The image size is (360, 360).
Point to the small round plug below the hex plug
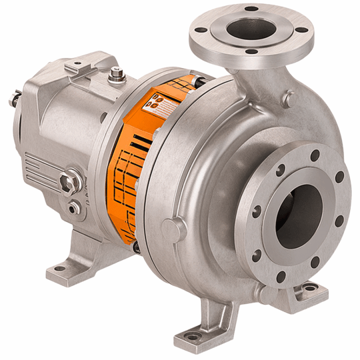75,207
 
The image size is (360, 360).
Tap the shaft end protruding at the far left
12,100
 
